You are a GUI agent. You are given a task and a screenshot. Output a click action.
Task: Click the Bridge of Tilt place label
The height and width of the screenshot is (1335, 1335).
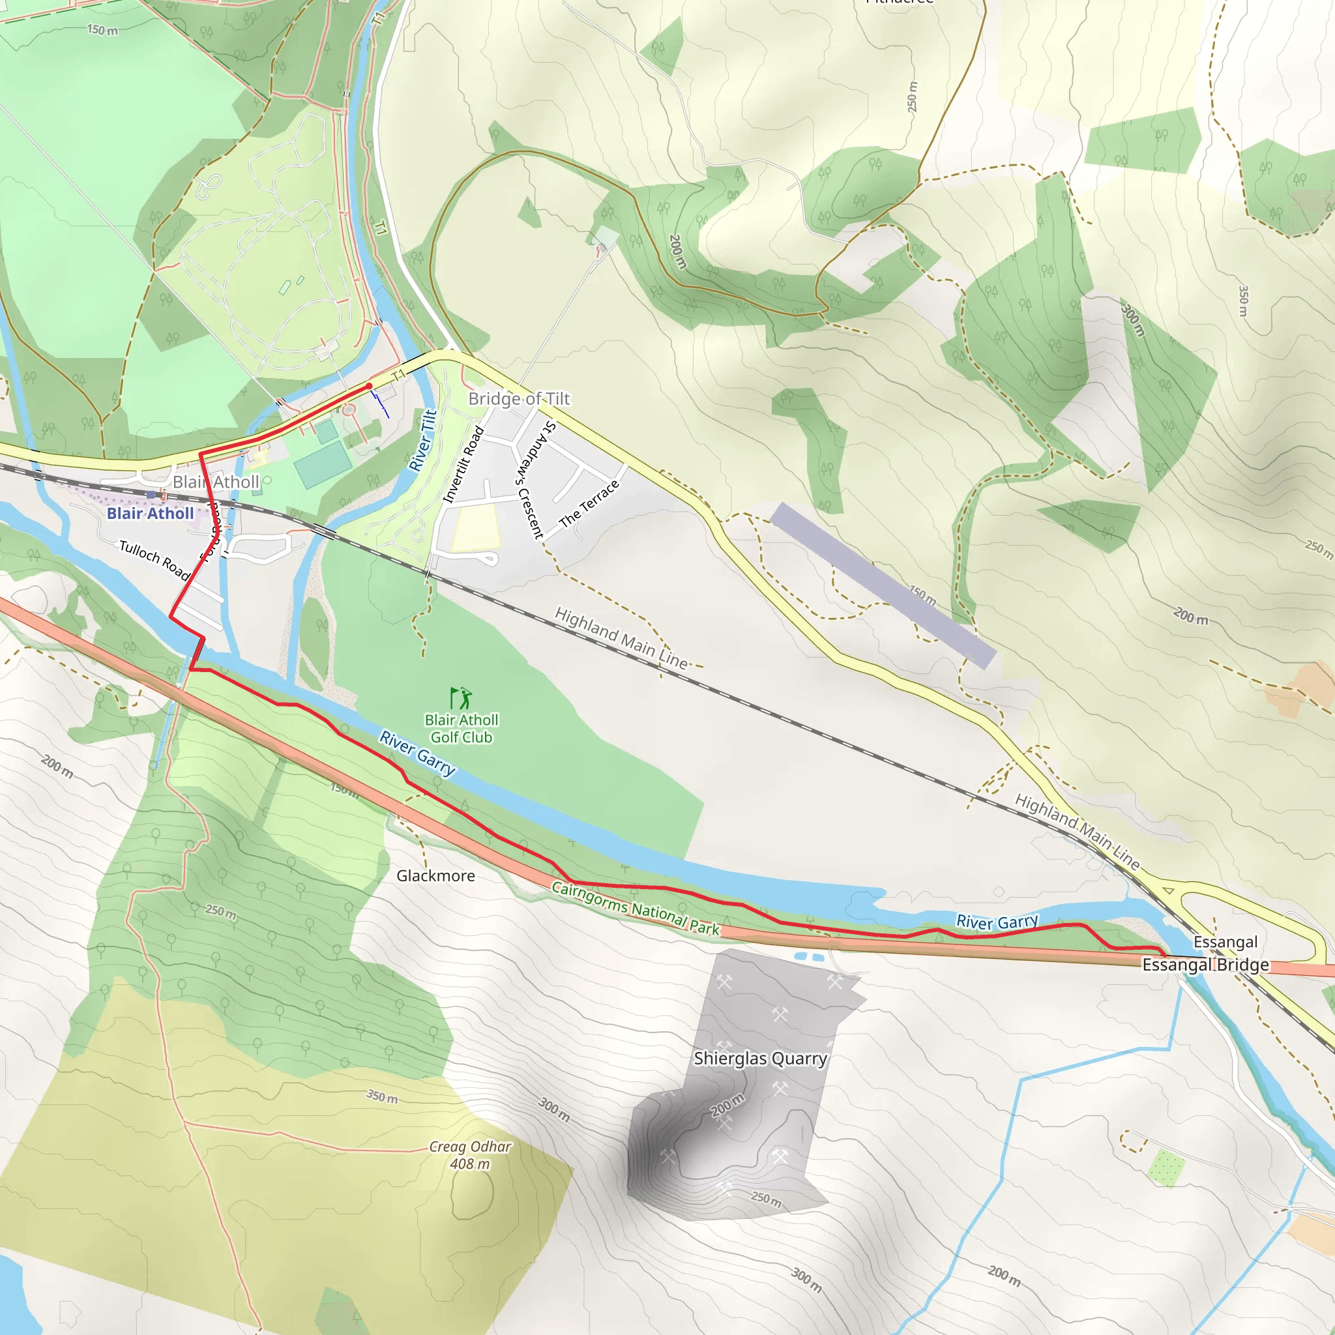pyautogui.click(x=519, y=399)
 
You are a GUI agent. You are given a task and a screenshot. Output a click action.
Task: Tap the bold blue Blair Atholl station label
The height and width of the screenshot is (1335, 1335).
pyautogui.click(x=150, y=514)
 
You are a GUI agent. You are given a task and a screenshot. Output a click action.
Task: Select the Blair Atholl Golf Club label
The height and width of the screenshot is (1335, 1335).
pyautogui.click(x=461, y=728)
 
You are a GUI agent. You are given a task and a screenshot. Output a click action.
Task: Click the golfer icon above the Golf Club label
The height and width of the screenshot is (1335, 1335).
pyautogui.click(x=461, y=698)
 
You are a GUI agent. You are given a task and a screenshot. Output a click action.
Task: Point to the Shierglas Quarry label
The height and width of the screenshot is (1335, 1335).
pyautogui.click(x=760, y=1059)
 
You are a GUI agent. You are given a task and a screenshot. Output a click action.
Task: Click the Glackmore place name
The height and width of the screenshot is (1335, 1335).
pyautogui.click(x=435, y=875)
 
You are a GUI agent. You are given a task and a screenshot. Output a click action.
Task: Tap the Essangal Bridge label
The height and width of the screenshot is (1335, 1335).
pyautogui.click(x=1205, y=965)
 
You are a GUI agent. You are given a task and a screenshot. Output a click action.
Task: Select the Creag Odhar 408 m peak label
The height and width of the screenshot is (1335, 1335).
pyautogui.click(x=470, y=1154)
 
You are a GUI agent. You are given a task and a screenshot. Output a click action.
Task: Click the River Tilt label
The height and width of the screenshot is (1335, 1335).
pyautogui.click(x=422, y=440)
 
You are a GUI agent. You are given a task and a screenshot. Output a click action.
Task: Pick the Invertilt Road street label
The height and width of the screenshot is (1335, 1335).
pyautogui.click(x=463, y=464)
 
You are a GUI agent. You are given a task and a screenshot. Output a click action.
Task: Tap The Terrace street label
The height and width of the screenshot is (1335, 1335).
pyautogui.click(x=589, y=503)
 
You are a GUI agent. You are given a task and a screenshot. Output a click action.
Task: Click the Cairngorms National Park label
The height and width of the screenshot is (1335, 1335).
pyautogui.click(x=635, y=908)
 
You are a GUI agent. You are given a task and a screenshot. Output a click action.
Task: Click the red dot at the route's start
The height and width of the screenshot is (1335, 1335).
pyautogui.click(x=369, y=387)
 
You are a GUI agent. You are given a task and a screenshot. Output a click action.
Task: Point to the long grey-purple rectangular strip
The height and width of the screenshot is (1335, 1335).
pyautogui.click(x=883, y=585)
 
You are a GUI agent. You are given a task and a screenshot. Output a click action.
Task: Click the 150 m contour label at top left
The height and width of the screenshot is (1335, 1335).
pyautogui.click(x=102, y=30)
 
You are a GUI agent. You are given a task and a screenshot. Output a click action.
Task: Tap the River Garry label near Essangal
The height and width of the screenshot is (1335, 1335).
pyautogui.click(x=997, y=921)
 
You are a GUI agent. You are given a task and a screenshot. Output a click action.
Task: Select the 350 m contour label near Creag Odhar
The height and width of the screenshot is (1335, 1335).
pyautogui.click(x=382, y=1096)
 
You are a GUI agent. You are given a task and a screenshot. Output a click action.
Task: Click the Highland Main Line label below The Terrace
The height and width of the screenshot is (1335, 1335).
pyautogui.click(x=621, y=638)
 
